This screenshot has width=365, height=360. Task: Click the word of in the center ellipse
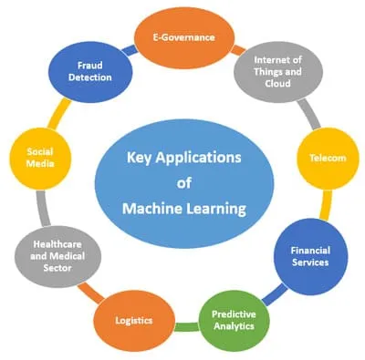(184, 182)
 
